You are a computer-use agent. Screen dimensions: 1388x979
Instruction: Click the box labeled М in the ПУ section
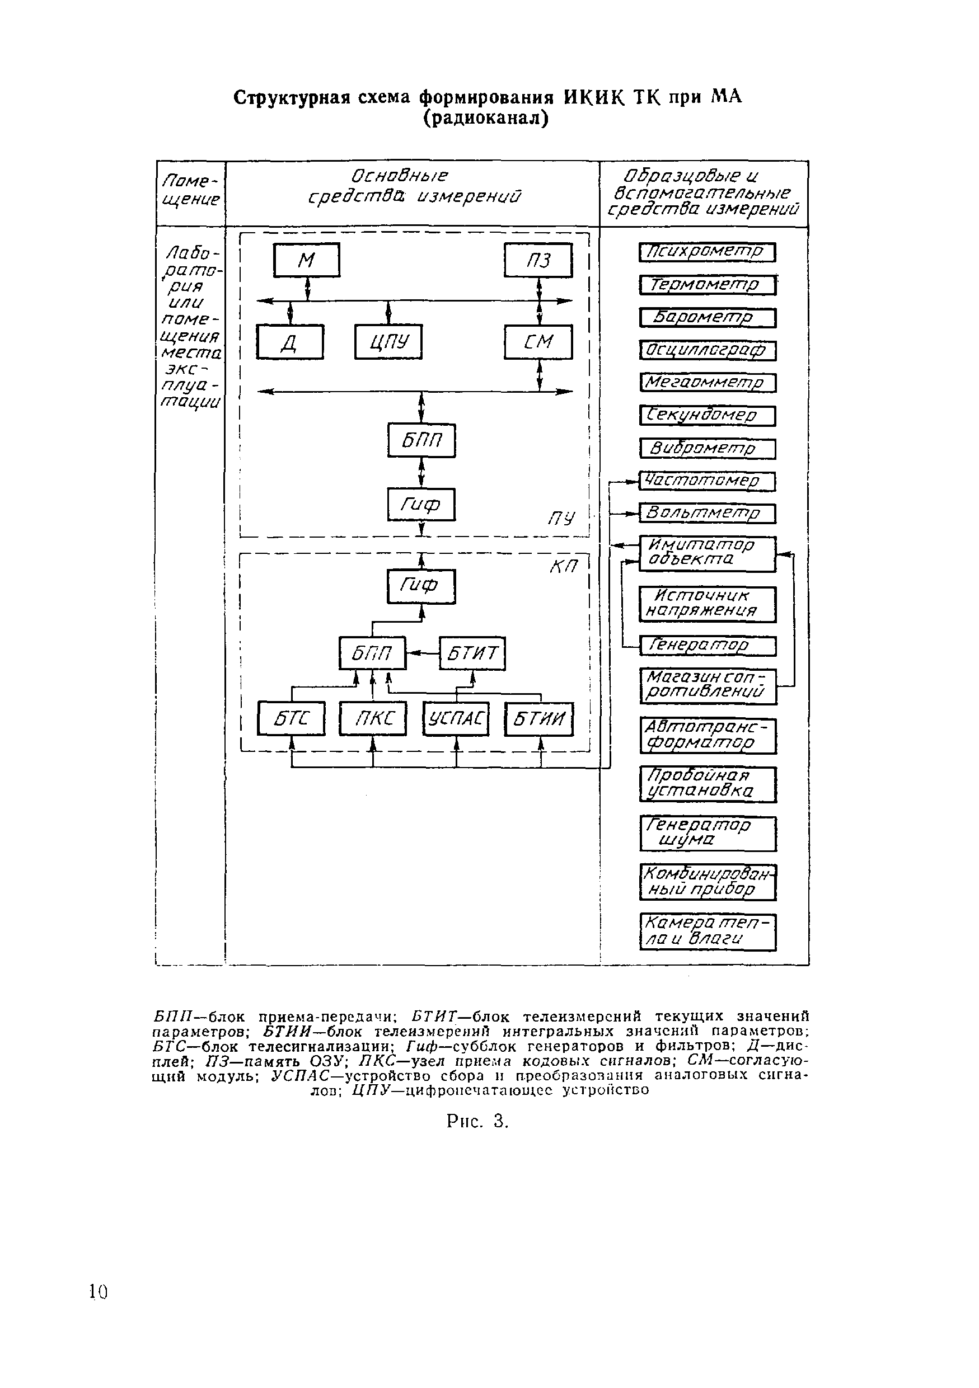click(307, 260)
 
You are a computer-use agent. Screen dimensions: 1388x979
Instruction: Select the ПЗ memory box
click(538, 260)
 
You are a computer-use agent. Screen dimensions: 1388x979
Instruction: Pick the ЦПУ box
click(388, 342)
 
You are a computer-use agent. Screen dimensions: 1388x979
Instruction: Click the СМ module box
click(538, 342)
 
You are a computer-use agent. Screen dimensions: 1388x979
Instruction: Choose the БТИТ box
click(472, 653)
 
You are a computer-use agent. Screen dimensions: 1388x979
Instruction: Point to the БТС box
click(291, 718)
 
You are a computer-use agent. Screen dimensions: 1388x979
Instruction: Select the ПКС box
click(372, 718)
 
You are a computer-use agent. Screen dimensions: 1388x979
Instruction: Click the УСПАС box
click(456, 718)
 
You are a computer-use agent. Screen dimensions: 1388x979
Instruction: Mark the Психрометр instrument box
click(707, 252)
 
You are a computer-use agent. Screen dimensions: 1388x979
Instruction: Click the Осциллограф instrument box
click(707, 351)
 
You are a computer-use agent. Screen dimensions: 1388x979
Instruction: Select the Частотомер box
click(707, 481)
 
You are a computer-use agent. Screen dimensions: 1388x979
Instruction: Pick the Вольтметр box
click(707, 514)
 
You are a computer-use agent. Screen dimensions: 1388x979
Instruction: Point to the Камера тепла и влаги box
click(707, 931)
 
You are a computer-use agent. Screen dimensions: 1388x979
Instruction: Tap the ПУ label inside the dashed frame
click(561, 519)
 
